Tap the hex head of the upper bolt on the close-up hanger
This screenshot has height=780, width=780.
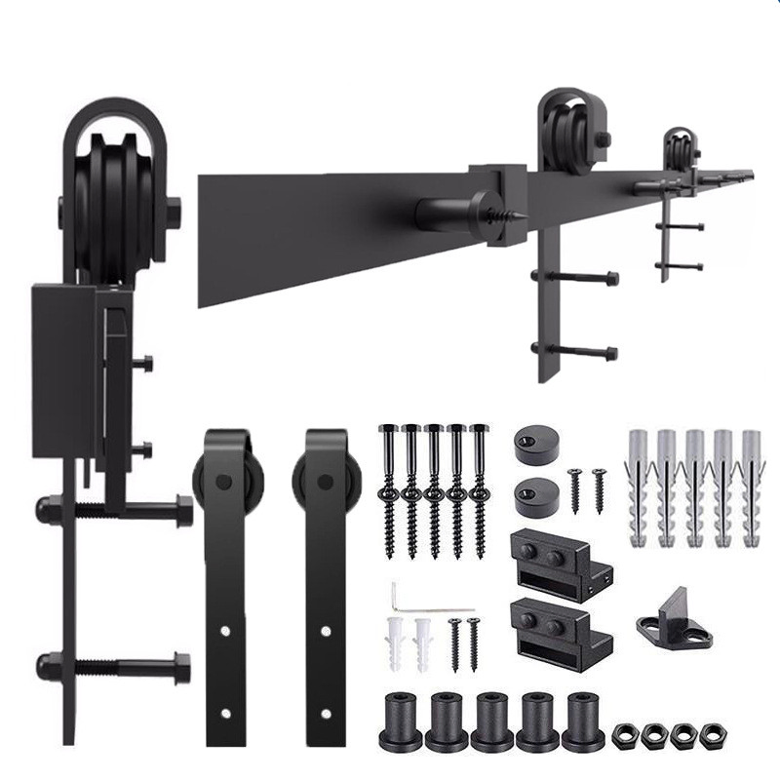[x=184, y=511]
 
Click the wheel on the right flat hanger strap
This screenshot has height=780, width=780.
[x=324, y=483]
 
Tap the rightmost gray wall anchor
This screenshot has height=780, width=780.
[x=752, y=486]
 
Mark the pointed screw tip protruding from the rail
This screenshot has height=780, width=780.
[x=515, y=215]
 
